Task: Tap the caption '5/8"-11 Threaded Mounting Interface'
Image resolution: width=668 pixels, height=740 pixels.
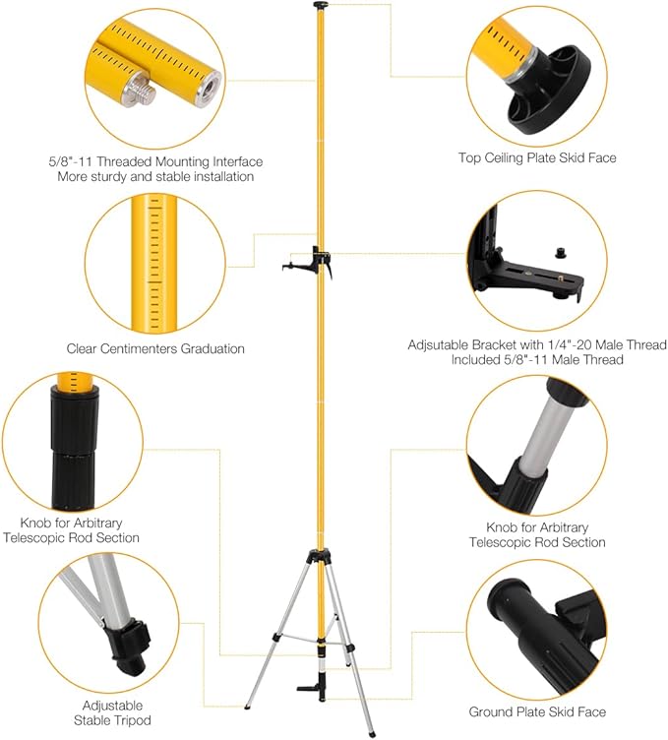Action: pyautogui.click(x=155, y=160)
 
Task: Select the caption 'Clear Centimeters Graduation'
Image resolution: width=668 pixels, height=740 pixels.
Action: pyautogui.click(x=155, y=348)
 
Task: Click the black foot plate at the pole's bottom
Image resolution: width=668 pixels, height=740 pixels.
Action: pyautogui.click(x=315, y=685)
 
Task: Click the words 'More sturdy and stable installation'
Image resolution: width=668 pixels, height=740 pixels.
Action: pyautogui.click(x=155, y=176)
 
